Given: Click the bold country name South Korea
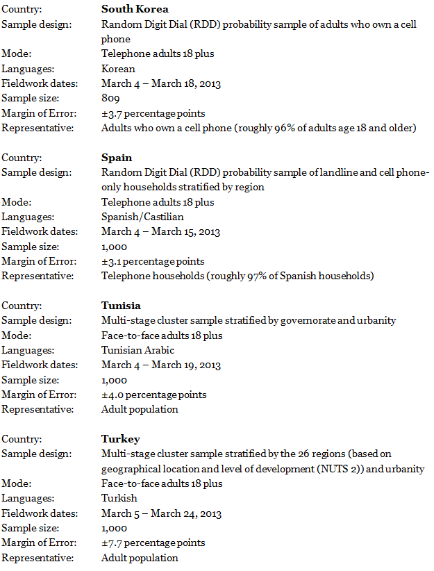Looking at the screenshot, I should [x=135, y=9].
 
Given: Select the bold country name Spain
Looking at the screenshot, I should [x=117, y=158].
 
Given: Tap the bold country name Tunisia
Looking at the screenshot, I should [x=121, y=306].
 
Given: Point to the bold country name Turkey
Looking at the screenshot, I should [x=120, y=439].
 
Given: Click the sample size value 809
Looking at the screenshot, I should [x=110, y=99].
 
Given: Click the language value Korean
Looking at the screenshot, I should [x=118, y=69].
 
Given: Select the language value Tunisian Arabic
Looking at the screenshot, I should [x=137, y=350].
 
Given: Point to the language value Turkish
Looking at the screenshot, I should [x=119, y=498].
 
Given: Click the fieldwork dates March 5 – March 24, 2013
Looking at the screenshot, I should [x=161, y=513].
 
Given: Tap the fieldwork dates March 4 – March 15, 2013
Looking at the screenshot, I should [x=161, y=232].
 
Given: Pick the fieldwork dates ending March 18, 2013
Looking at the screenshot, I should [x=161, y=84].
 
